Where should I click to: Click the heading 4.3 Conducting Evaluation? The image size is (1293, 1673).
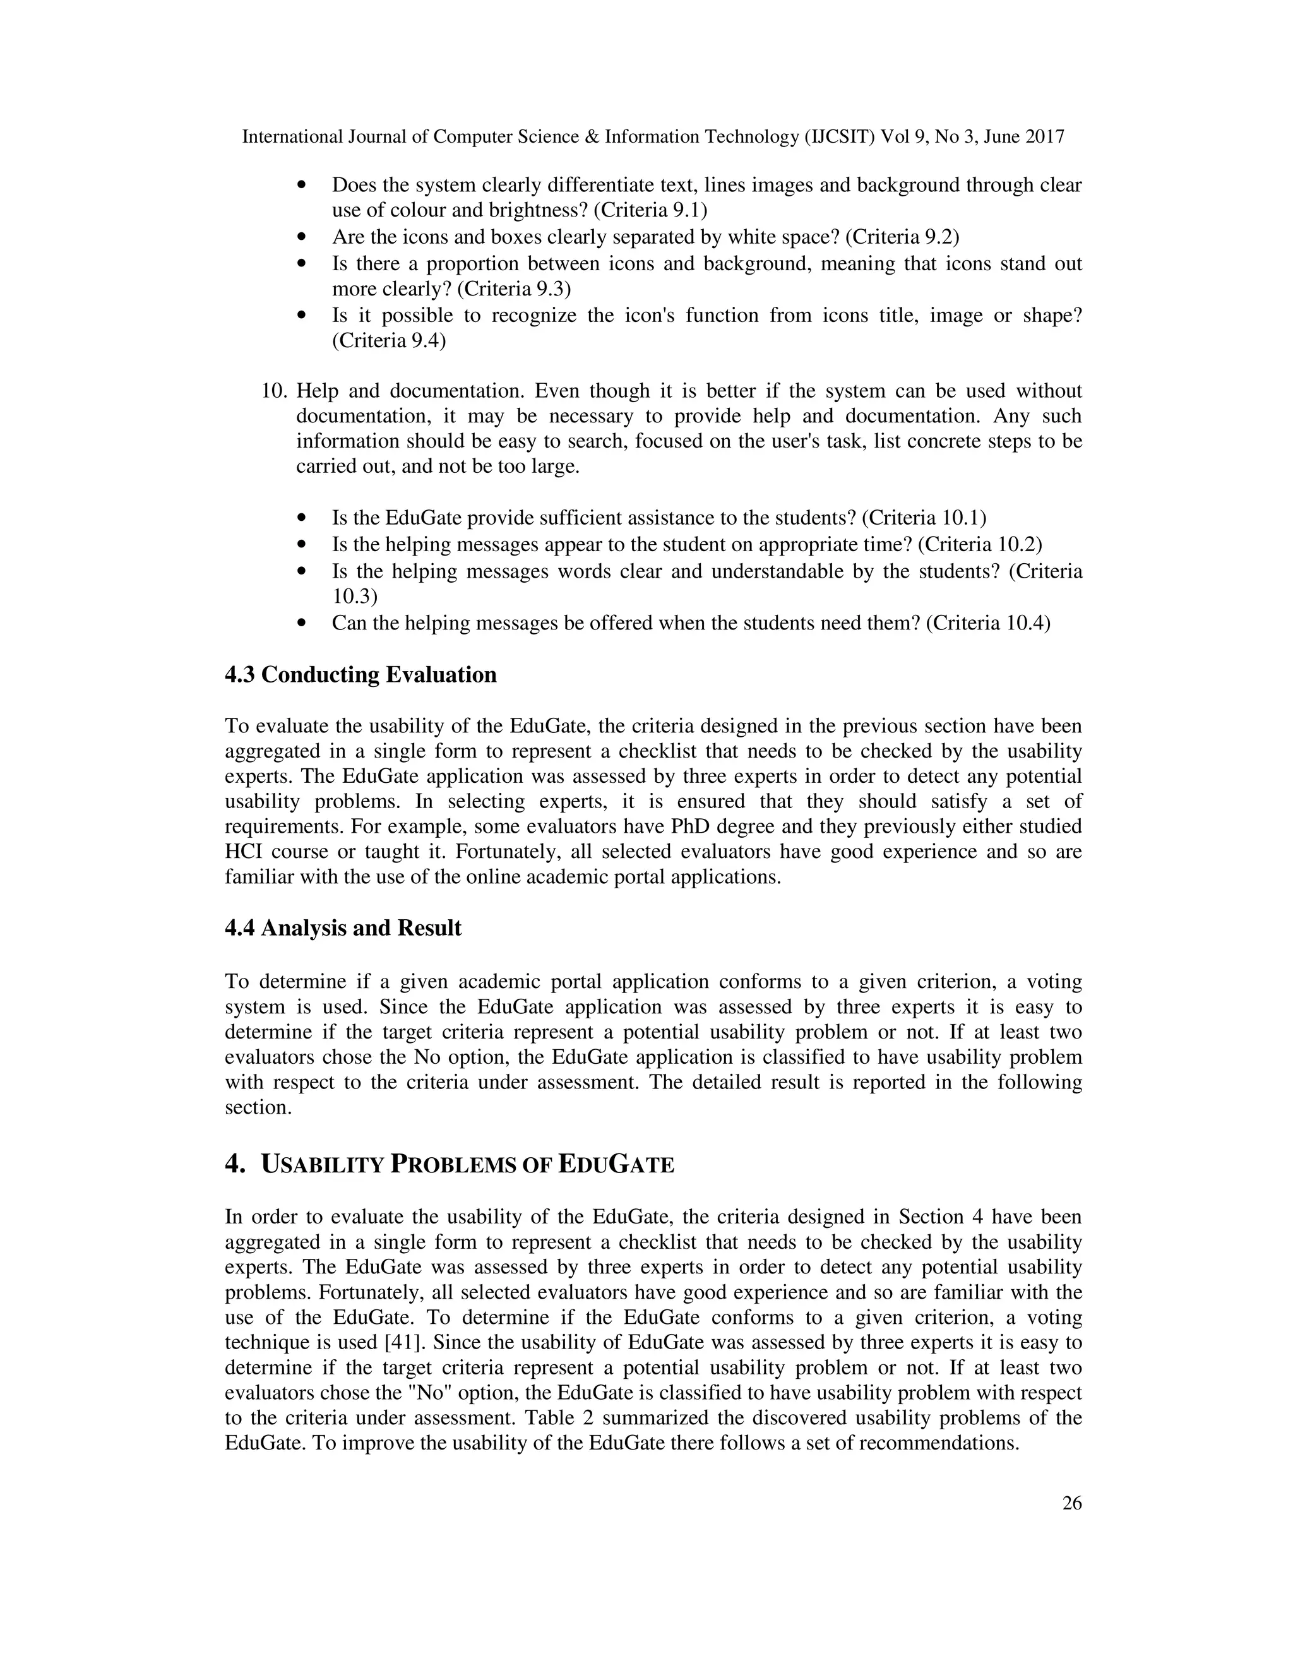tap(360, 675)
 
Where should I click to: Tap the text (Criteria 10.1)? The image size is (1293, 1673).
tap(924, 518)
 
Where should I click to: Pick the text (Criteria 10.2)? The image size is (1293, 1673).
tap(980, 545)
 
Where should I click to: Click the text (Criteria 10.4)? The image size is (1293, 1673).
tap(988, 624)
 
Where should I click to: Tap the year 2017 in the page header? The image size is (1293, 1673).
tap(1042, 137)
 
